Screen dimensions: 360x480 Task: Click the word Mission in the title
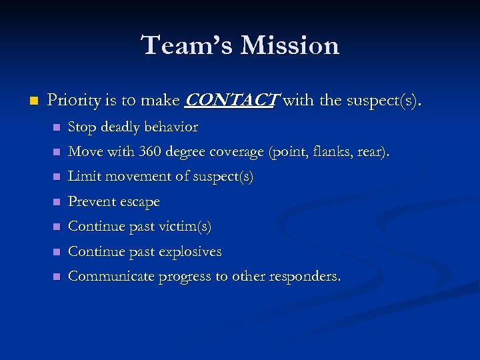(x=290, y=45)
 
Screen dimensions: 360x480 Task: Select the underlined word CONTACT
(x=230, y=101)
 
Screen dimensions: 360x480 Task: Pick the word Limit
(x=83, y=177)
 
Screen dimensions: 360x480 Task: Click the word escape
(x=139, y=201)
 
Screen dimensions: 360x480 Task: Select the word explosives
(x=189, y=251)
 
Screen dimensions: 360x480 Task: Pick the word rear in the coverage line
(x=371, y=152)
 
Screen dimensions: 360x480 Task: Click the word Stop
(x=81, y=127)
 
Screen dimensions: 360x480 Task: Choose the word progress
(x=182, y=276)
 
